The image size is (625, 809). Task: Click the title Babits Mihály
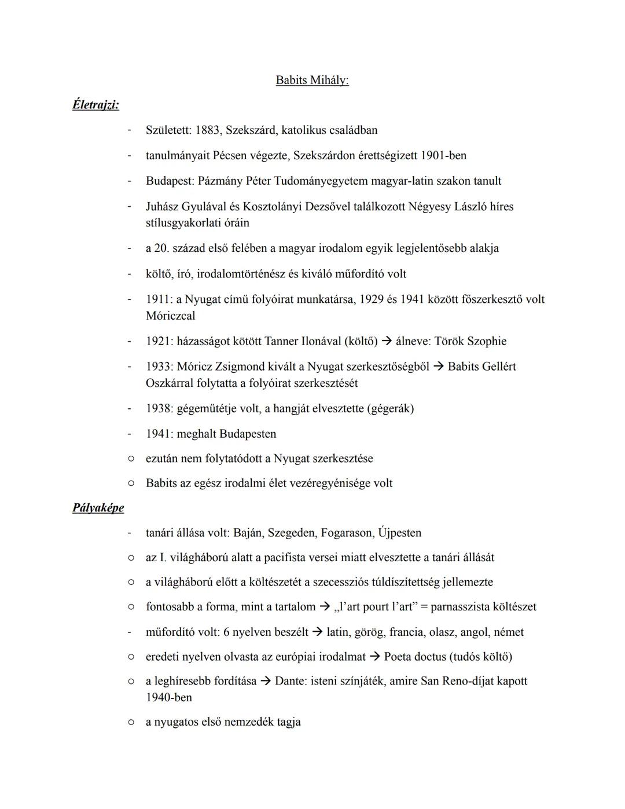[312, 80]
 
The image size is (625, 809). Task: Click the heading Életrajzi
[95, 105]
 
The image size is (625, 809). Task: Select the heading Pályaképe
[98, 508]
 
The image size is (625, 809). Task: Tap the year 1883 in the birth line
[207, 130]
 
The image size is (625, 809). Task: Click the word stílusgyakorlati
[183, 223]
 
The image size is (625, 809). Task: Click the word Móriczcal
[171, 316]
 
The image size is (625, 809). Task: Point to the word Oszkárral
[171, 383]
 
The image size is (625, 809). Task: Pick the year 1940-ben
[169, 697]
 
